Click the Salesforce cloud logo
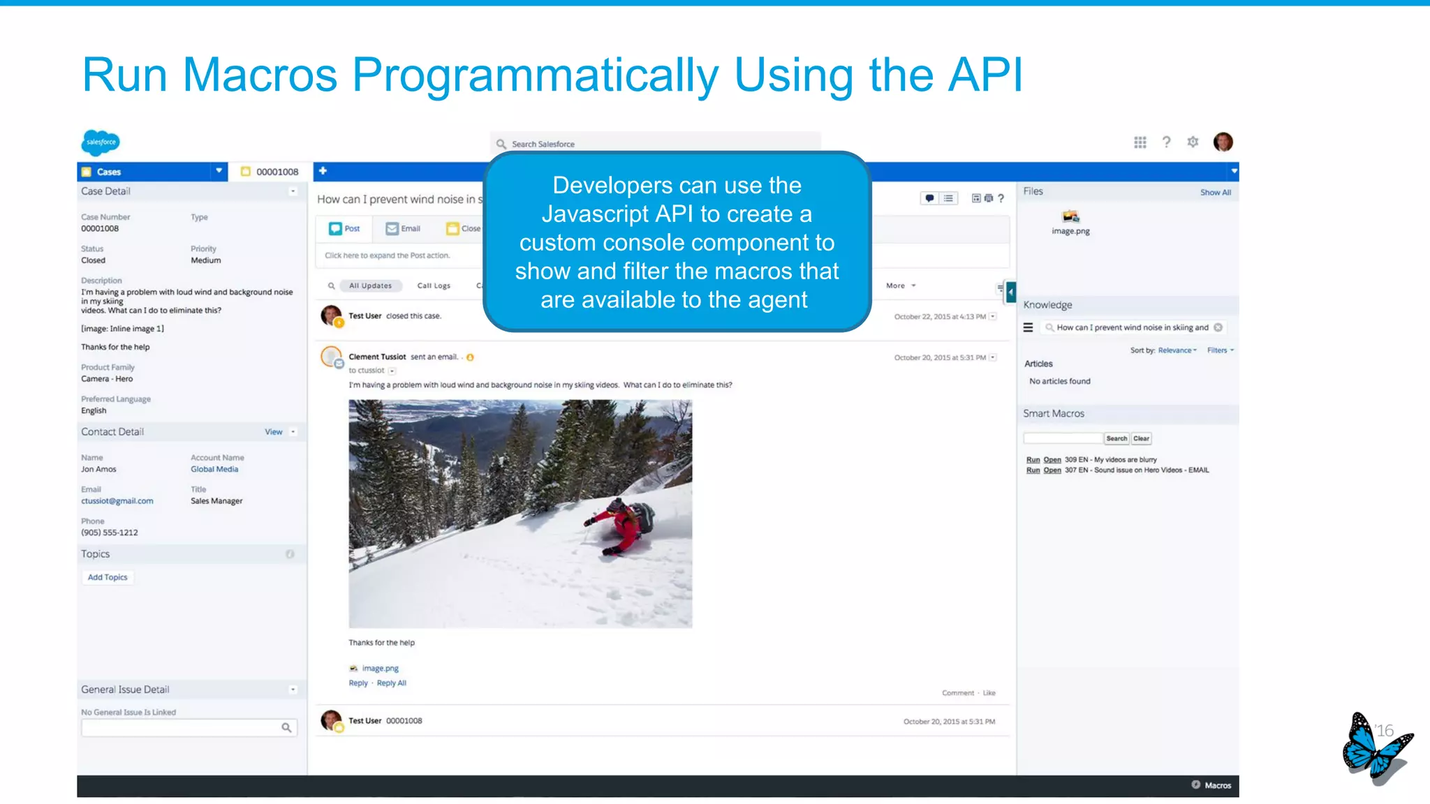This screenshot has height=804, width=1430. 101,142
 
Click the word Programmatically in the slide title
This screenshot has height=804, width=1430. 535,75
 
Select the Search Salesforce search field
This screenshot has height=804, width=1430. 656,144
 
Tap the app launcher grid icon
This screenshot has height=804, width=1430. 1140,142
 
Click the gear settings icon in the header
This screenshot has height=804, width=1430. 1193,142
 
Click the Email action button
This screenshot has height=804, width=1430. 404,229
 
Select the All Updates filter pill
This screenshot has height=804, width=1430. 370,285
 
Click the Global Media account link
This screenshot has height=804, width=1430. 214,469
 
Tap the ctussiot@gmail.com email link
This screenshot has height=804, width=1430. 117,501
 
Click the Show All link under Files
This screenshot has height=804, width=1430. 1216,193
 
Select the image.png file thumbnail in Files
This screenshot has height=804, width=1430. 1070,217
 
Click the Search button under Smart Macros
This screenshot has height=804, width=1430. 1116,438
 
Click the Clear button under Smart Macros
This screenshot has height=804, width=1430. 1142,438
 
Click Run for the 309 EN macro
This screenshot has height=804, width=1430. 1033,460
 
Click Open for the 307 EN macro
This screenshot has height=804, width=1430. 1052,470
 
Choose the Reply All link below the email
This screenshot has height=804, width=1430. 392,683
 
